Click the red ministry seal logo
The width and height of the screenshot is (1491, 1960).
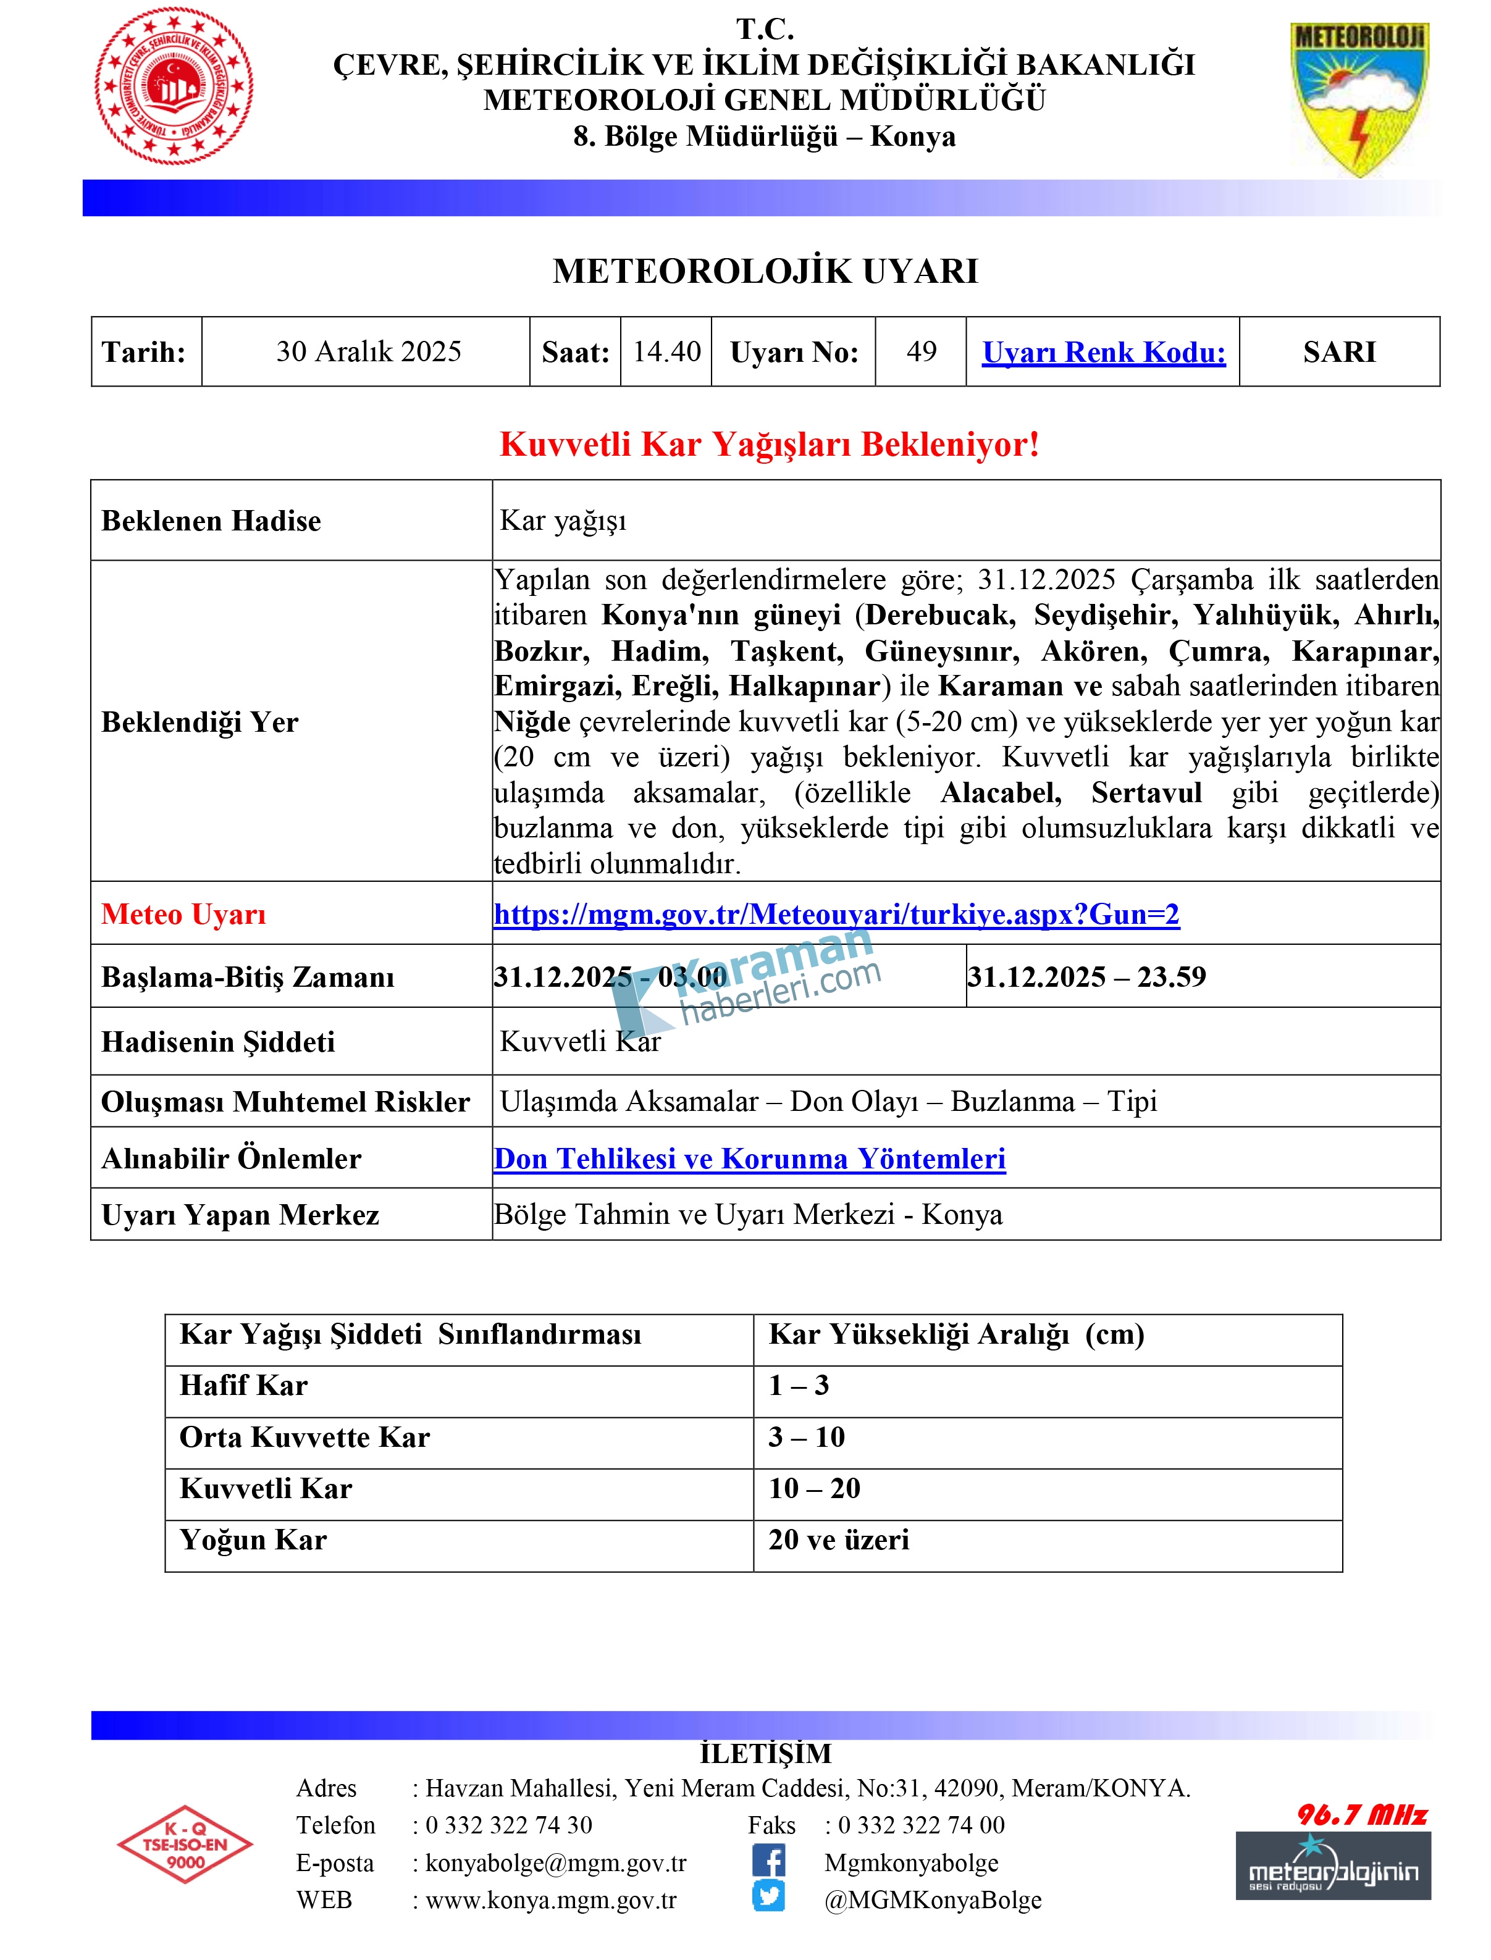click(x=174, y=86)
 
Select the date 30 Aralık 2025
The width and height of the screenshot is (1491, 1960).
click(x=368, y=352)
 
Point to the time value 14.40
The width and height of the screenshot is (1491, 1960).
click(x=666, y=352)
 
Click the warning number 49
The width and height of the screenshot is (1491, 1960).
click(x=922, y=352)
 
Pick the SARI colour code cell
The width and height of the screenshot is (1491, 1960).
click(x=1339, y=352)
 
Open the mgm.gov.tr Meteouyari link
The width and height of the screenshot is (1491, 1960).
click(x=836, y=915)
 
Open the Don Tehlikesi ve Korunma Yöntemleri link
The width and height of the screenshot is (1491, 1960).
click(x=750, y=1160)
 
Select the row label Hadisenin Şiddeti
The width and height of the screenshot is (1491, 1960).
click(x=218, y=1042)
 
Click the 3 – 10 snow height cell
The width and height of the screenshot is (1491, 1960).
click(x=807, y=1438)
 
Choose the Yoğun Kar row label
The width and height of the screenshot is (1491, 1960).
click(x=253, y=1540)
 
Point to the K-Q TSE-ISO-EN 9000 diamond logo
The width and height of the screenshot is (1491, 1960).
click(x=185, y=1845)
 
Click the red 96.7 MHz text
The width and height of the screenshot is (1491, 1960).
click(x=1363, y=1816)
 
